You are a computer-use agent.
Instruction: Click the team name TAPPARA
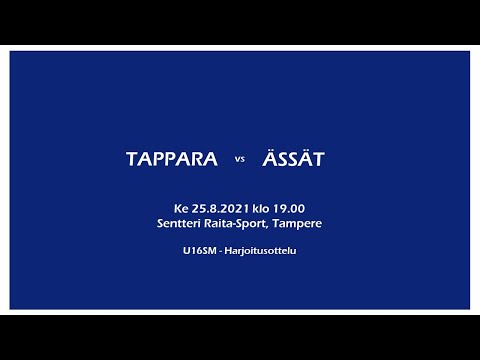tap(172, 160)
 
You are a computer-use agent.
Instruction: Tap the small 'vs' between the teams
tap(240, 161)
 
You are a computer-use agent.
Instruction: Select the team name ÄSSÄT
tap(295, 160)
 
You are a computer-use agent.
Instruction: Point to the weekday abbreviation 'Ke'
tap(180, 208)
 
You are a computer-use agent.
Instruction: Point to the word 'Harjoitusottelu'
tap(261, 250)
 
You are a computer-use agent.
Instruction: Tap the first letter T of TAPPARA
tap(132, 160)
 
